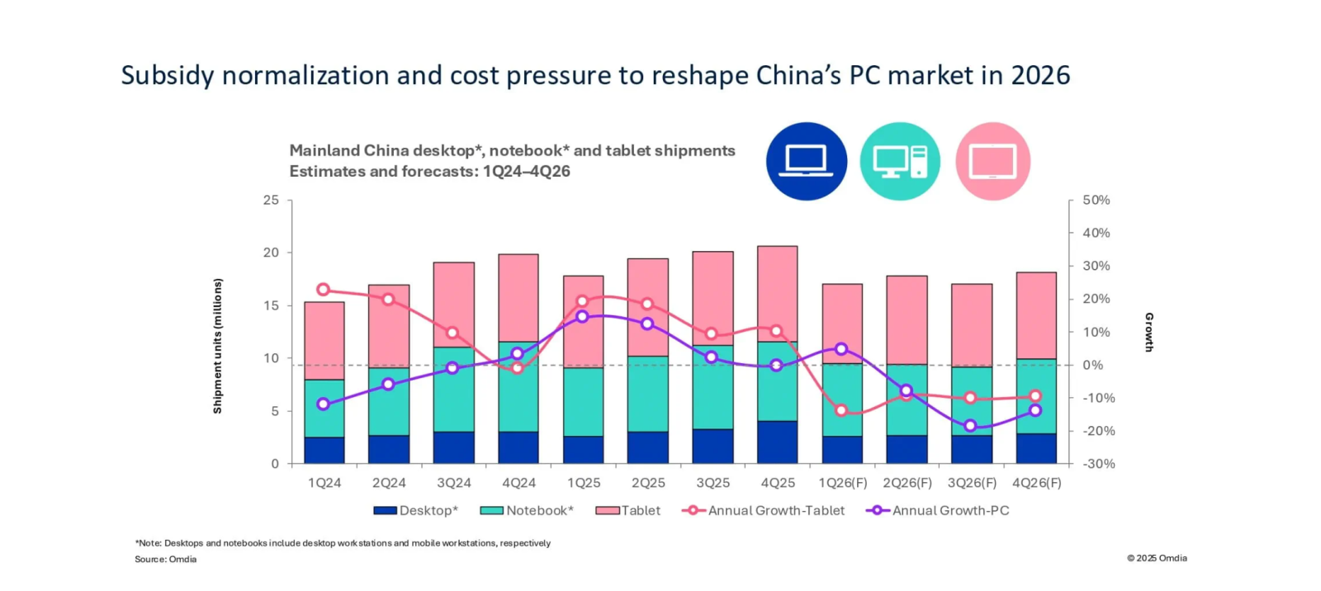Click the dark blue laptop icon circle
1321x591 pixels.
[806, 161]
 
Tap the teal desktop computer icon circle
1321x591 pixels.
[900, 161]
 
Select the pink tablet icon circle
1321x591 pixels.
[992, 161]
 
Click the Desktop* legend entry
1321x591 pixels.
[416, 510]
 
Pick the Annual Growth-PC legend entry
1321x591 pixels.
[938, 510]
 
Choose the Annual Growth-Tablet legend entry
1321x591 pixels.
[764, 510]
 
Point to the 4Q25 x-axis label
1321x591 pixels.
[778, 483]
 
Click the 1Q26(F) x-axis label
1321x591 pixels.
[842, 483]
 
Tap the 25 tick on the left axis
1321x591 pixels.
[271, 200]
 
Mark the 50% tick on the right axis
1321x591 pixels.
[1096, 200]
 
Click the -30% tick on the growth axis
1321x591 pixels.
[1098, 464]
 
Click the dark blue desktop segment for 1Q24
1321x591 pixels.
[324, 450]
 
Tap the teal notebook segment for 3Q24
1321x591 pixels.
[454, 389]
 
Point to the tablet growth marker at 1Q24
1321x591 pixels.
[324, 290]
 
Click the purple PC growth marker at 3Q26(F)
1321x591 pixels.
[970, 426]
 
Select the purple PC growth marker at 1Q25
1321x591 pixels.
[582, 316]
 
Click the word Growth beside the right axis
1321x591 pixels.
[1148, 332]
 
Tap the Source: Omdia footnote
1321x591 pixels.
[166, 559]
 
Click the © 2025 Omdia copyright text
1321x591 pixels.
[1157, 558]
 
